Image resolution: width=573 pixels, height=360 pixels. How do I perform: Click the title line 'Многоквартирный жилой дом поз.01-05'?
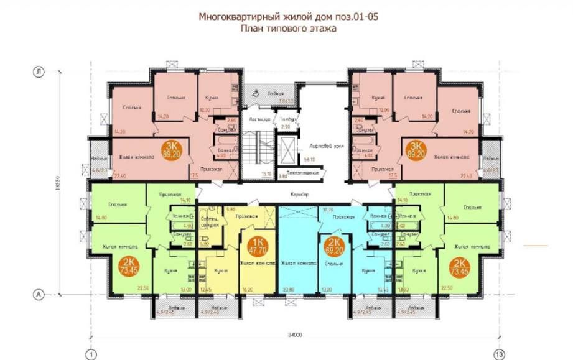pos(287,17)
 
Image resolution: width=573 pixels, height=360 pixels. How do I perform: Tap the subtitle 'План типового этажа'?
pos(287,29)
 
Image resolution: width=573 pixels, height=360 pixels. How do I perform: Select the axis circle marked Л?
pos(39,73)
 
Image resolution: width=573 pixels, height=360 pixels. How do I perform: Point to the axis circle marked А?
pos(39,293)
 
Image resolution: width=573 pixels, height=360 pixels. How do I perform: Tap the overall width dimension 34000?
pos(296,335)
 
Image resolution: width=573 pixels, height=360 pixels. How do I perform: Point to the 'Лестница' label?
pos(258,118)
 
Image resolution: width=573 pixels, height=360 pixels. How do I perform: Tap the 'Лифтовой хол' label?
pos(312,147)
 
